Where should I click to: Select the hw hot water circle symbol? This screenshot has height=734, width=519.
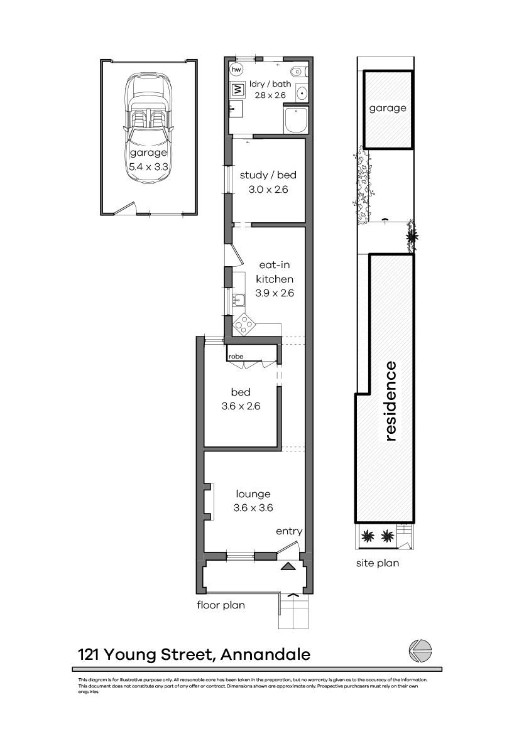[237, 69]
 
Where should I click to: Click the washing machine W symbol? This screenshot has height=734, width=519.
[238, 90]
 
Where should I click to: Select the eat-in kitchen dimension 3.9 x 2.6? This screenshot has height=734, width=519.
[275, 293]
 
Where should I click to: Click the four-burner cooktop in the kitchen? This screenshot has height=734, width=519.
[243, 325]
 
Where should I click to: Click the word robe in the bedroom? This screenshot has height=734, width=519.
[236, 357]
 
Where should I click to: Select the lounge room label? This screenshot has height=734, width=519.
[253, 494]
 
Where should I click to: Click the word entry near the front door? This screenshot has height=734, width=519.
[289, 531]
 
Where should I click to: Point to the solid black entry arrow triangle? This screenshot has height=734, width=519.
[288, 566]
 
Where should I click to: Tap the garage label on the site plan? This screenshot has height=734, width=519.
[388, 108]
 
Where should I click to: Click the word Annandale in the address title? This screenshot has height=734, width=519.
[266, 655]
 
